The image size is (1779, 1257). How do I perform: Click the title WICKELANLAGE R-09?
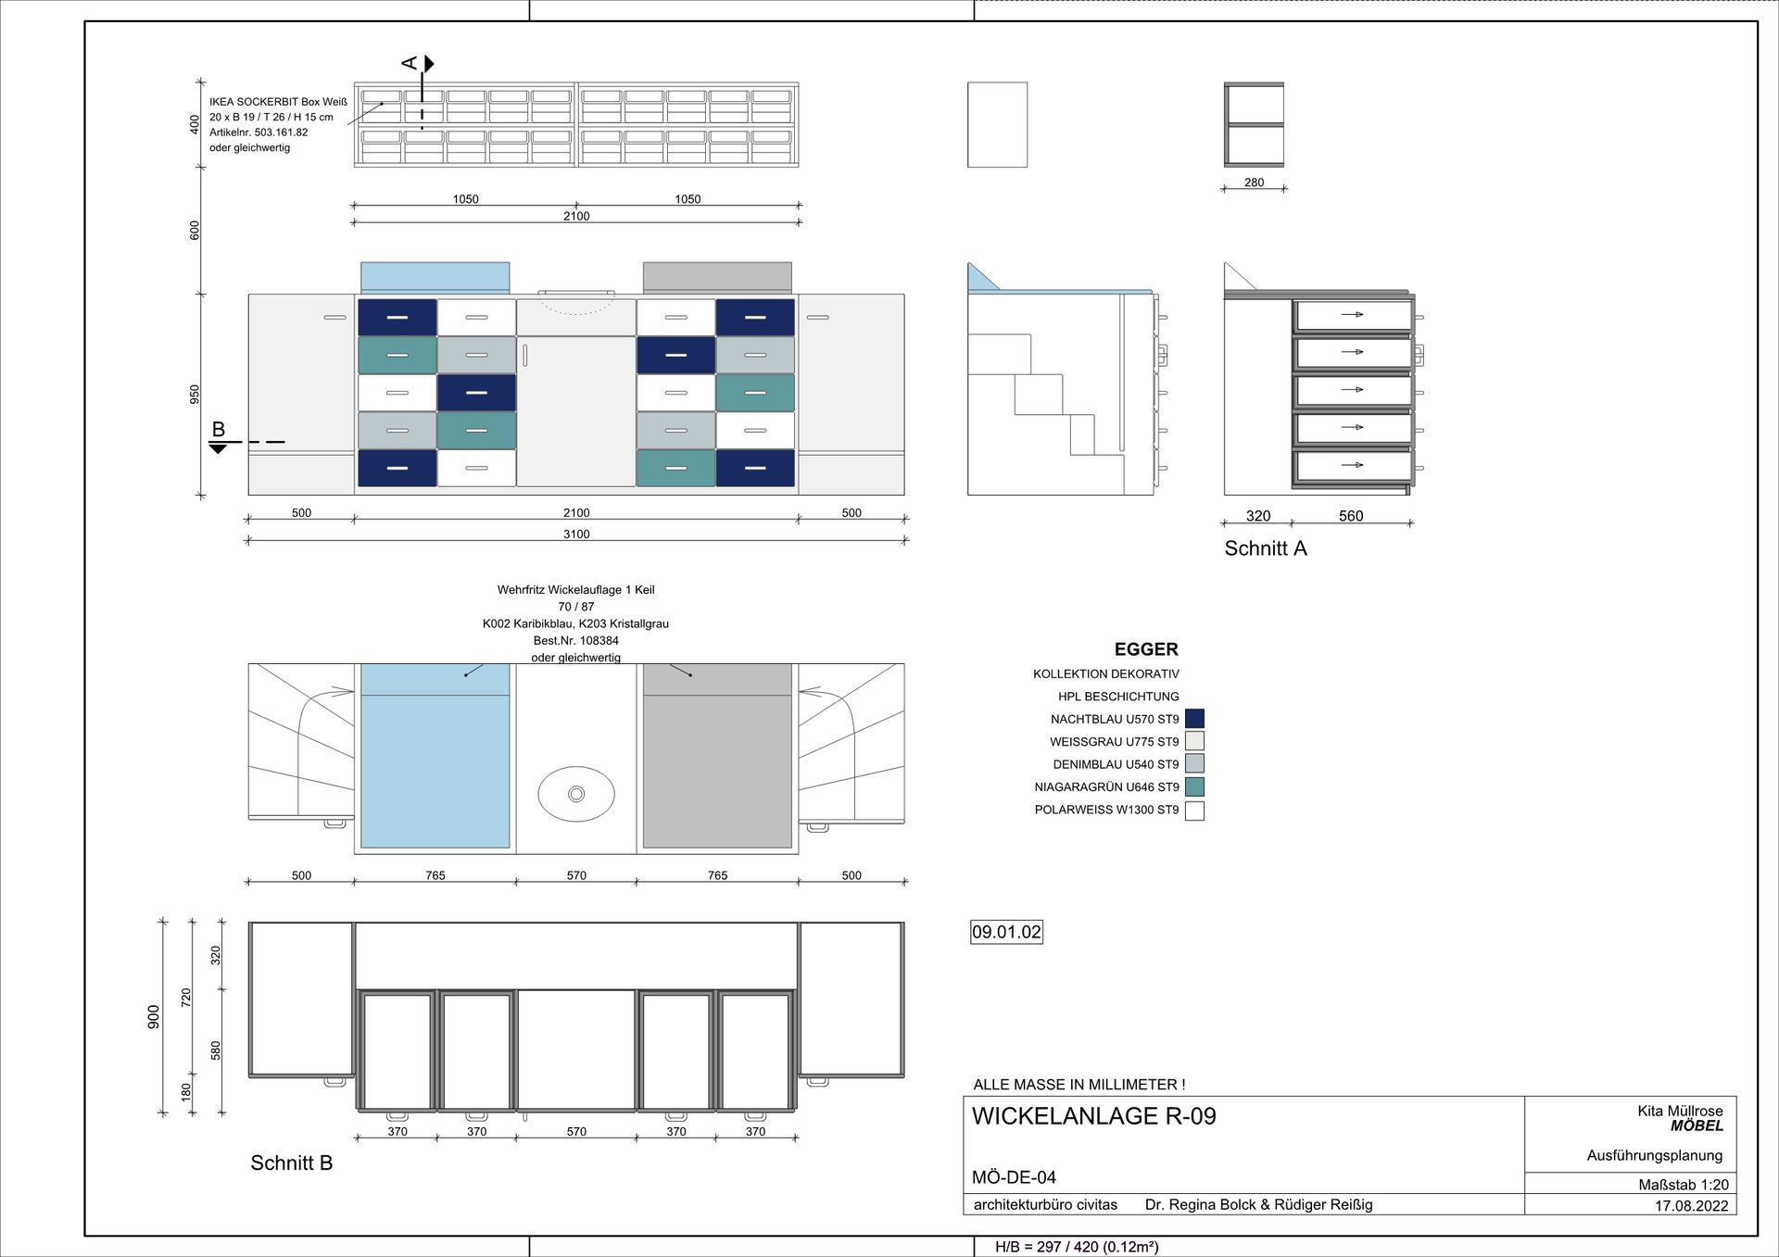point(1093,1116)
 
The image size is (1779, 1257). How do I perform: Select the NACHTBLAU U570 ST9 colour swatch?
point(1194,719)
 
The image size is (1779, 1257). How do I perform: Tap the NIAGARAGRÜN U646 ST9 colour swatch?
point(1194,787)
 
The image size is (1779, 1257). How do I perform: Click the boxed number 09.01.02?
point(1006,932)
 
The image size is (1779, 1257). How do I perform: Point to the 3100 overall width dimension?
point(576,534)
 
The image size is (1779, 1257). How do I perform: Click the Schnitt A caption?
point(1266,548)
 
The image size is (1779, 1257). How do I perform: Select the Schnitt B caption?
point(291,1163)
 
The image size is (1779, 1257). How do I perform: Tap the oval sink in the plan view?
point(576,794)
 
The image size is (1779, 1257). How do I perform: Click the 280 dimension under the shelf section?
point(1254,182)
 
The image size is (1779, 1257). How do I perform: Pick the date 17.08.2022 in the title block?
point(1691,1206)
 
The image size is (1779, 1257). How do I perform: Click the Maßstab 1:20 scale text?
point(1684,1185)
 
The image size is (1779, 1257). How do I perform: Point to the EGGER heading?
point(1146,649)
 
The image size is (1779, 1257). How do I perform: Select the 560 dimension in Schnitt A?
point(1351,516)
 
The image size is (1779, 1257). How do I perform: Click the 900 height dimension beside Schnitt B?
point(154,1016)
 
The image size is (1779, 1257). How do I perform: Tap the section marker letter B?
point(219,429)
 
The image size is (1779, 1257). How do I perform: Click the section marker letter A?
point(410,63)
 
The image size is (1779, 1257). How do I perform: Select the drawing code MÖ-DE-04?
point(1014,1177)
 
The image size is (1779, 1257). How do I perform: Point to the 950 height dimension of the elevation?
point(195,395)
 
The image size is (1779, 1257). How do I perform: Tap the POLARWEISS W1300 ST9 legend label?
point(1106,811)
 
